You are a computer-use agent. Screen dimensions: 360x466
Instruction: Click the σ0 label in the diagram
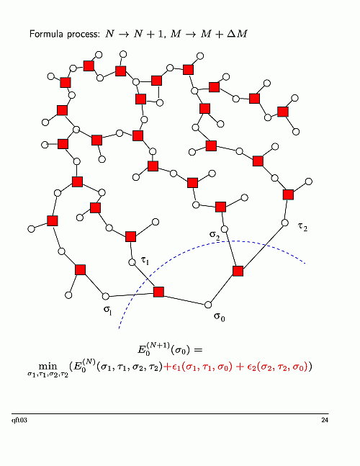pos(219,317)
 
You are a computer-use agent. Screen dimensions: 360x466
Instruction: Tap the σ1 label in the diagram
pos(107,310)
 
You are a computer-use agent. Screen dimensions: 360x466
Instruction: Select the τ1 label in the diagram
pos(145,260)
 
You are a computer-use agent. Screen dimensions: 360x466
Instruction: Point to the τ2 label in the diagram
pos(302,227)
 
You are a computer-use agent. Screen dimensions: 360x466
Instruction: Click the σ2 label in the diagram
pos(214,235)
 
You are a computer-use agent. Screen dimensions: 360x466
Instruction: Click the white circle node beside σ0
pos(208,305)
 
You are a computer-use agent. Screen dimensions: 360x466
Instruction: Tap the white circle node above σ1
pos(106,296)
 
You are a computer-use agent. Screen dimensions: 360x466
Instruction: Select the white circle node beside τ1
pos(132,262)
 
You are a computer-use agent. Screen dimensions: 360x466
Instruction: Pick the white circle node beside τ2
pos(285,223)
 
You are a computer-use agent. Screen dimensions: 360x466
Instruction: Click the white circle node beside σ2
pos(225,229)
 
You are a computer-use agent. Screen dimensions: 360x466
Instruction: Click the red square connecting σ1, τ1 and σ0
pos(158,292)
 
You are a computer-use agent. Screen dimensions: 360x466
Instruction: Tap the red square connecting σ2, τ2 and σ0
pos(238,271)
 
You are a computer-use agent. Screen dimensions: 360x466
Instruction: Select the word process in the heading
pos(84,35)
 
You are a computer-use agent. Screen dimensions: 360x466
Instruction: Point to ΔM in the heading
pos(237,34)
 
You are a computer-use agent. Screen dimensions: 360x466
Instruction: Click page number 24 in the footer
pos(325,420)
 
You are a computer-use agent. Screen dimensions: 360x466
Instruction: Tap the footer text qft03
pos(19,420)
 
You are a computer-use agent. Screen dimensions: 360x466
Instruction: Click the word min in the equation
pos(48,367)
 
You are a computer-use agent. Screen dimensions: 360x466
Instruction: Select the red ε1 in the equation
pos(177,368)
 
